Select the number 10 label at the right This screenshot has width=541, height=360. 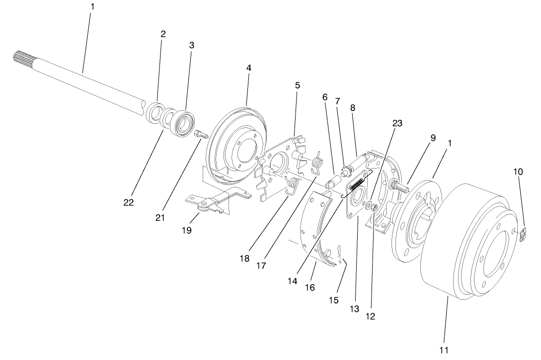click(518, 172)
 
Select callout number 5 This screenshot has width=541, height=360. click(297, 85)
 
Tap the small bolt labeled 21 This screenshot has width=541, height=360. click(199, 135)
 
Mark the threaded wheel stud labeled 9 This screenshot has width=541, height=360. click(399, 188)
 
